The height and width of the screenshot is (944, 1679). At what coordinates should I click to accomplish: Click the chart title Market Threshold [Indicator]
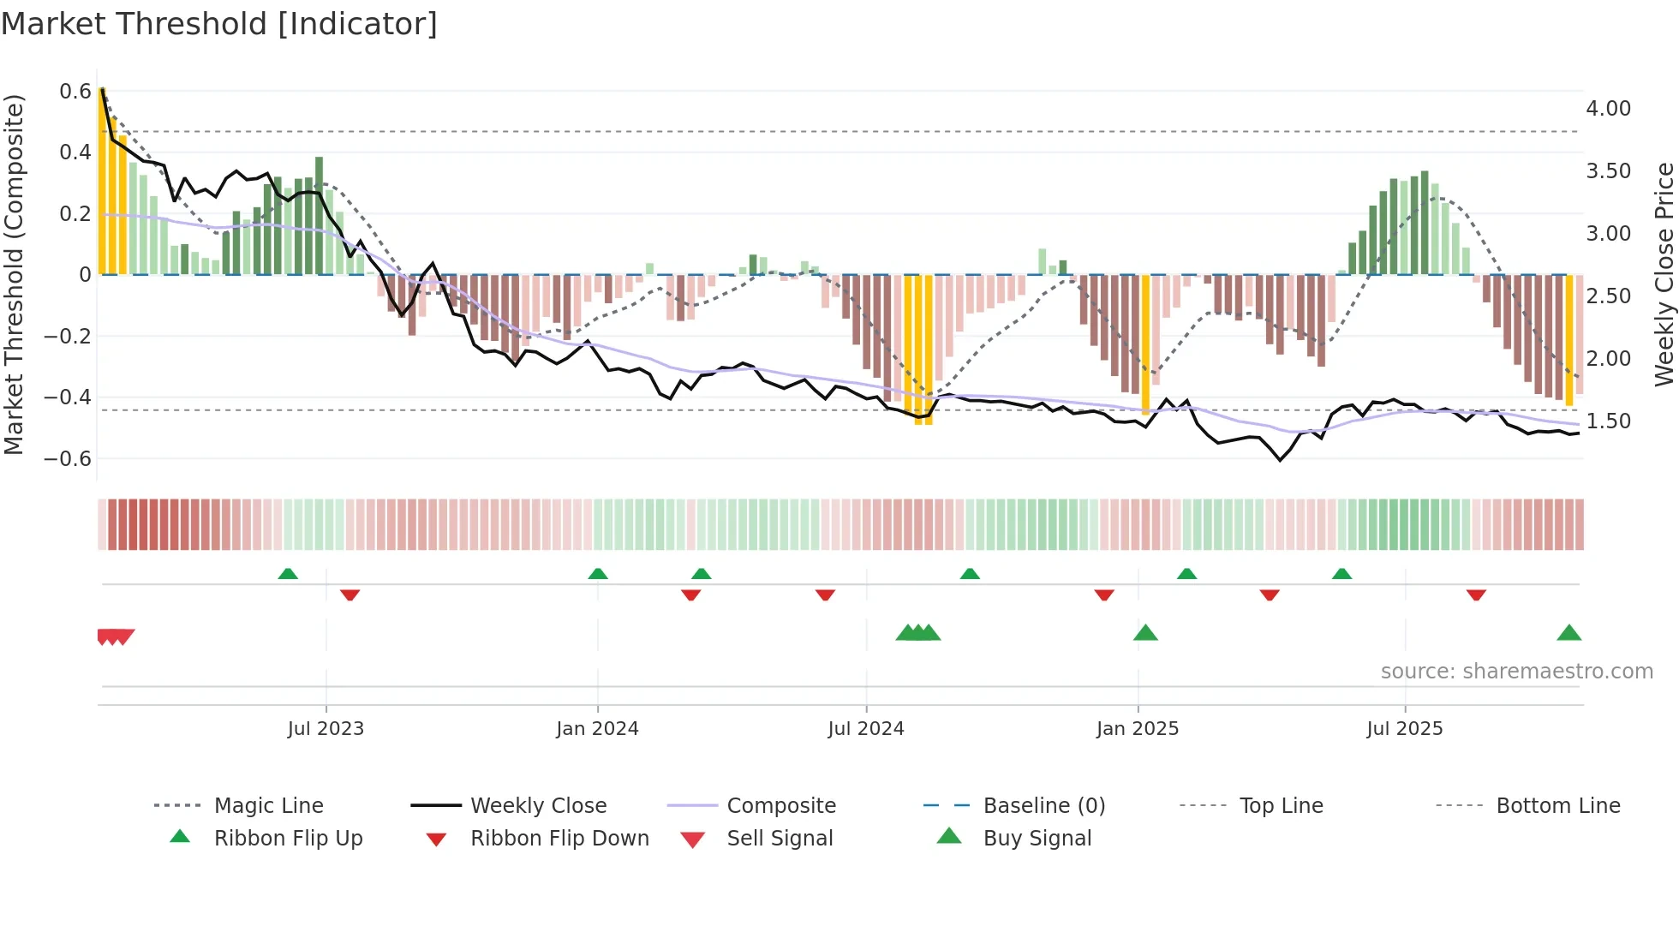219,24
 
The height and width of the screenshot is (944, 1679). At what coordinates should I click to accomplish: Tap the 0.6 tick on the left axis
75,91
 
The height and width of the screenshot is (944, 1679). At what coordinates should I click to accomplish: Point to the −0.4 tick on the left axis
68,397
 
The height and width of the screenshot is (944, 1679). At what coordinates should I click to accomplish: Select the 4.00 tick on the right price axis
1608,109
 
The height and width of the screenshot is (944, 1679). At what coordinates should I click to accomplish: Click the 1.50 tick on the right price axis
1608,421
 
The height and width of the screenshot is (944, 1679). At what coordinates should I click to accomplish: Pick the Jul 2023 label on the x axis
326,729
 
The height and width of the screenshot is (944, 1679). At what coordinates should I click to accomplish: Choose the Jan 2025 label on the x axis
1138,729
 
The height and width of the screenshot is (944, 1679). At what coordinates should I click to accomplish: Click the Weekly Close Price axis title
1663,274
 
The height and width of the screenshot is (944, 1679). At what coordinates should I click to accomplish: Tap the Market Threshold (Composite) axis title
14,274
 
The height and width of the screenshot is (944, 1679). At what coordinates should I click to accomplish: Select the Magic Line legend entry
268,806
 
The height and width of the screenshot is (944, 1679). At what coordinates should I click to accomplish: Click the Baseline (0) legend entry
1043,806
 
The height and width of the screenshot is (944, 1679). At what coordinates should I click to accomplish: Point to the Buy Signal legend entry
1037,839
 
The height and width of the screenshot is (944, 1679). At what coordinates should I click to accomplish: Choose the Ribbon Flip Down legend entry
559,839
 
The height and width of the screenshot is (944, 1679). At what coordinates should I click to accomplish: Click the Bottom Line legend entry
1557,806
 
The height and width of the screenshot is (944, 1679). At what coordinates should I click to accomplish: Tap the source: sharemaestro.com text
1516,672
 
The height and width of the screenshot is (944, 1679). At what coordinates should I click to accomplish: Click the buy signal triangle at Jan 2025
1145,634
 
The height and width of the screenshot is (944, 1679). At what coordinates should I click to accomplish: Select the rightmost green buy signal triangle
1568,634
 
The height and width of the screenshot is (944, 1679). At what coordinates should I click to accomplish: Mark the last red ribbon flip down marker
1476,594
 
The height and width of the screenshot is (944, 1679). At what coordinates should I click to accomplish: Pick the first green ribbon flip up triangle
288,574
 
